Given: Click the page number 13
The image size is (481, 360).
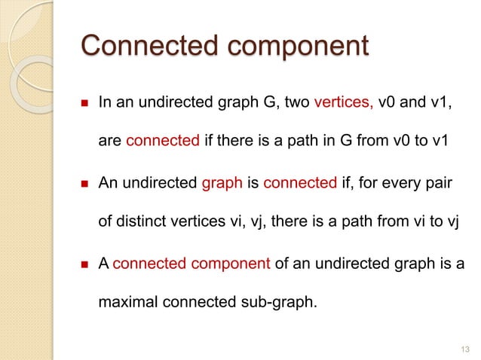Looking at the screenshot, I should (x=463, y=346).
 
